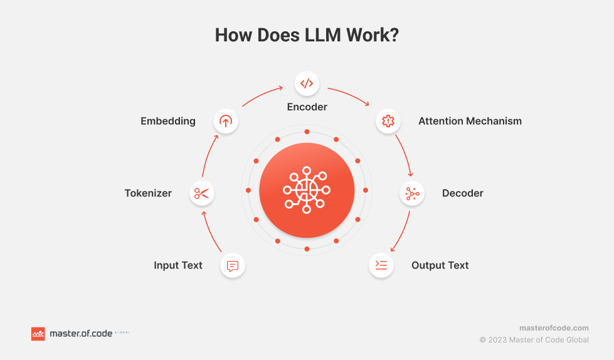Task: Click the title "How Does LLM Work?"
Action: click(307, 35)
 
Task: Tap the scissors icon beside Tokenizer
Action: click(201, 194)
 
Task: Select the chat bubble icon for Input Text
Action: click(232, 266)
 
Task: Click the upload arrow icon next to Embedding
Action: click(226, 121)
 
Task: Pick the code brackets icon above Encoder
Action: click(307, 83)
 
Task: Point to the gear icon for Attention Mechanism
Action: click(388, 121)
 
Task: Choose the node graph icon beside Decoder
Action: click(412, 194)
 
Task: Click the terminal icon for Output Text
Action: click(381, 265)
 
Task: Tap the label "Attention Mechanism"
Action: click(470, 121)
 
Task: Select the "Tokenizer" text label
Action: click(148, 193)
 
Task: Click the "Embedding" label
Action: click(168, 121)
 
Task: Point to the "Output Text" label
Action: click(440, 265)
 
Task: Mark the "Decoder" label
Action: click(463, 193)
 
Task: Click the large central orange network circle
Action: click(307, 190)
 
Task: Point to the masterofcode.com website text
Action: click(554, 328)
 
